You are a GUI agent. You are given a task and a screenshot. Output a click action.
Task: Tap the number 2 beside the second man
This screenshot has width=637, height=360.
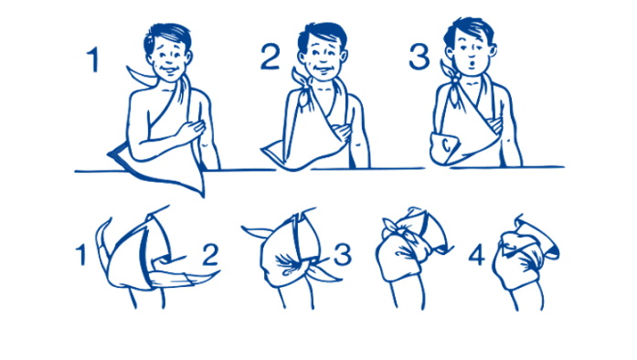(x=270, y=57)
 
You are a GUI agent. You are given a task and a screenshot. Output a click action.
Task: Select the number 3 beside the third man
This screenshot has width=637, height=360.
(x=419, y=57)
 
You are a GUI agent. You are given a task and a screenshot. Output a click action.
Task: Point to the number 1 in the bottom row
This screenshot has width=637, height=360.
(x=81, y=255)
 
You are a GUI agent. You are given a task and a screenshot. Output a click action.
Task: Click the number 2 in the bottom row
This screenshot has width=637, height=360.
(x=210, y=255)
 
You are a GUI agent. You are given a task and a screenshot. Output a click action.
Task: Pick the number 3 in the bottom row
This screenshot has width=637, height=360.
(x=343, y=255)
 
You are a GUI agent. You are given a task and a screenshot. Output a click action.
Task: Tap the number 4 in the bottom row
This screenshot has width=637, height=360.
(x=476, y=255)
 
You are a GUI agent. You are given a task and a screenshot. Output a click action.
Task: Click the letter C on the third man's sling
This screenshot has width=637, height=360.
(x=447, y=145)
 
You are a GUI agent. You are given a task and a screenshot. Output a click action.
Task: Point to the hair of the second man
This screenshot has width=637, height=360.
(x=321, y=33)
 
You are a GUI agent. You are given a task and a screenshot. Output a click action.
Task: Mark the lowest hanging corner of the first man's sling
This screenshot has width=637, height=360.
(x=203, y=196)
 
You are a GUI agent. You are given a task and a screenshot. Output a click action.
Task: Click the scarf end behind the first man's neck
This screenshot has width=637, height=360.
(x=141, y=75)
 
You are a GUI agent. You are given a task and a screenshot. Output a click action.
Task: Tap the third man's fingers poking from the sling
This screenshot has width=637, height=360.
(x=495, y=124)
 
